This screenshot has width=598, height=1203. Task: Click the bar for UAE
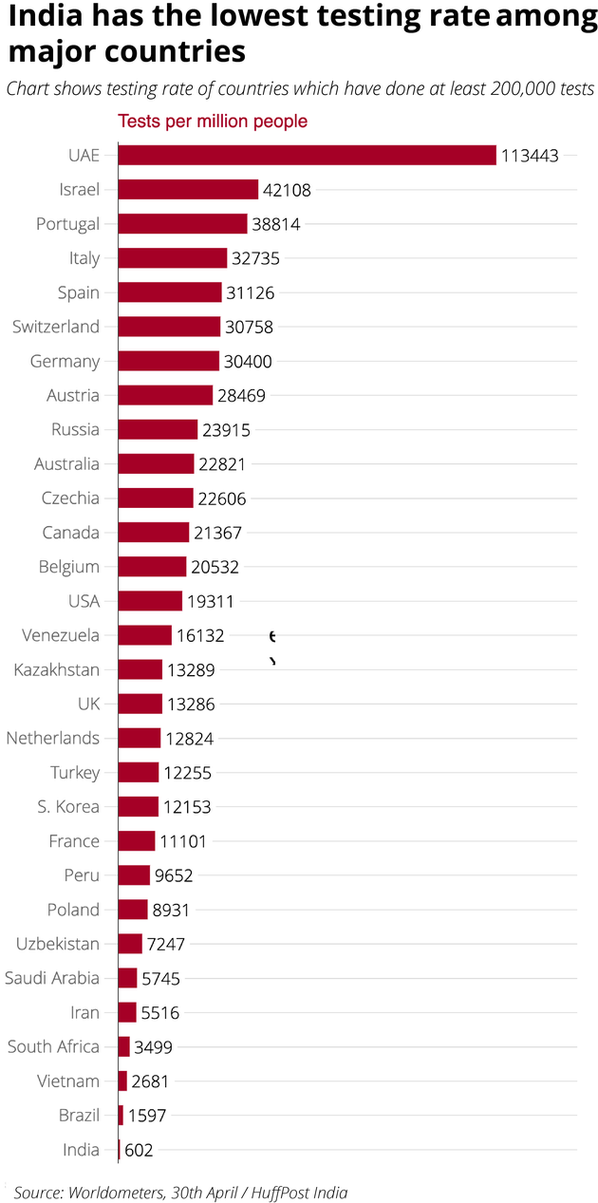[307, 155]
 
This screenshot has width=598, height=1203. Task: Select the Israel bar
[188, 190]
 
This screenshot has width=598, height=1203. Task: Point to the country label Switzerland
[56, 327]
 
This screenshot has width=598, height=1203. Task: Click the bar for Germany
[168, 361]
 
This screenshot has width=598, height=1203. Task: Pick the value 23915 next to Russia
[226, 430]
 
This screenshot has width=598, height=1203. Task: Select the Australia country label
[66, 464]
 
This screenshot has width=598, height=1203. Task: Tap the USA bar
[150, 601]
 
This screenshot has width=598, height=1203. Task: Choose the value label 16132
[200, 635]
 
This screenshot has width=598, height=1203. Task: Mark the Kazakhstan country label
[57, 669]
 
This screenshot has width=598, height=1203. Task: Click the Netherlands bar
[140, 738]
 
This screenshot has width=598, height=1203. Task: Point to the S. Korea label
[68, 806]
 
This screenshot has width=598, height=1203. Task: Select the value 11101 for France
[182, 841]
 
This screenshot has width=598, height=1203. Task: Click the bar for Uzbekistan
[130, 944]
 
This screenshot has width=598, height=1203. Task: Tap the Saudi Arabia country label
[52, 978]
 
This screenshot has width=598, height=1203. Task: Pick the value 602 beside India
[139, 1150]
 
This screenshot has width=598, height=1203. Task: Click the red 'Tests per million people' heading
[213, 122]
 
